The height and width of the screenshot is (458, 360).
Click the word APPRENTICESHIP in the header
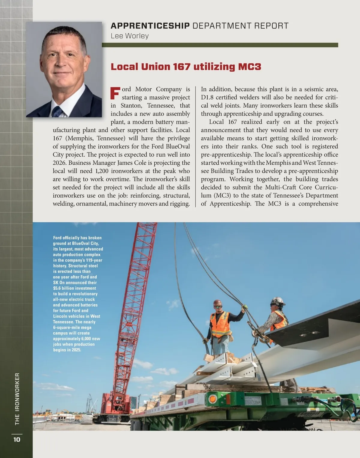pyautogui.click(x=150, y=26)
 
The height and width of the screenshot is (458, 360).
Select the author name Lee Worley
pyautogui.click(x=130, y=36)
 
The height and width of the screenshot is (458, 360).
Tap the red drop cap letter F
pyautogui.click(x=115, y=93)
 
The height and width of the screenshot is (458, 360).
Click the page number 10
pyautogui.click(x=17, y=439)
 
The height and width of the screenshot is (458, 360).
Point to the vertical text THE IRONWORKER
pyautogui.click(x=17, y=399)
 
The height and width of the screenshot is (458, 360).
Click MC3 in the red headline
pyautogui.click(x=250, y=67)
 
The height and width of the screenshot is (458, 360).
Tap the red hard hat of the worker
pyautogui.click(x=217, y=303)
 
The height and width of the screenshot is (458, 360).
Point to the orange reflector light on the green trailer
pyautogui.click(x=213, y=399)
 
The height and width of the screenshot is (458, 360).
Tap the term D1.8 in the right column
pyautogui.click(x=207, y=97)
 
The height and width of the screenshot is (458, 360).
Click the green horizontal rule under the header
pyautogui.click(x=220, y=45)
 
